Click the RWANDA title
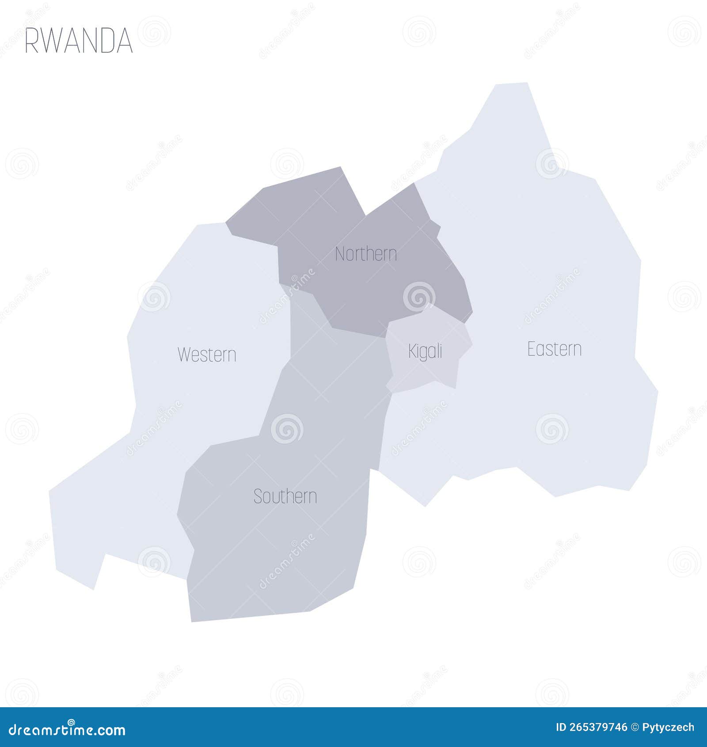pyautogui.click(x=79, y=41)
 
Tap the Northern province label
pyautogui.click(x=366, y=254)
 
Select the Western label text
pyautogui.click(x=207, y=355)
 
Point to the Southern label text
pyautogui.click(x=285, y=497)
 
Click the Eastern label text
pyautogui.click(x=555, y=349)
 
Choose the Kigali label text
pyautogui.click(x=425, y=352)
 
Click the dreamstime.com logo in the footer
pyautogui.click(x=67, y=730)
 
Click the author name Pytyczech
pyautogui.click(x=668, y=728)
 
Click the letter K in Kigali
pyautogui.click(x=412, y=352)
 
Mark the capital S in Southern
pyautogui.click(x=258, y=497)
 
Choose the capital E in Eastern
pyautogui.click(x=532, y=349)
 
